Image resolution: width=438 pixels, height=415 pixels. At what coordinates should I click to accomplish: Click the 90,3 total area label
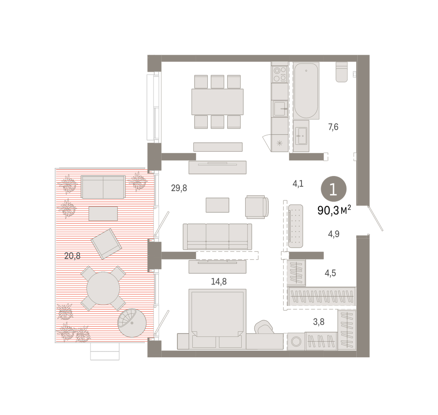334,210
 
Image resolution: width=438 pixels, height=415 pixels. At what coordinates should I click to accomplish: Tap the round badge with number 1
334,189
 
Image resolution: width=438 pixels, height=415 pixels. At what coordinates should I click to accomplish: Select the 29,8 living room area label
179,188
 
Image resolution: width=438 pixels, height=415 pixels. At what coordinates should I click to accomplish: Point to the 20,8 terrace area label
72,256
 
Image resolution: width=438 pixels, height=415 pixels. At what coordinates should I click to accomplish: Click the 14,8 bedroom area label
219,282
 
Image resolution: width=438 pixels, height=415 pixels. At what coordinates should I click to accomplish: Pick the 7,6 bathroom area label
333,127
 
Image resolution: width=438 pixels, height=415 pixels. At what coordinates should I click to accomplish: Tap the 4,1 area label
298,184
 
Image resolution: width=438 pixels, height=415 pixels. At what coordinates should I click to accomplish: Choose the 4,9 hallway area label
334,234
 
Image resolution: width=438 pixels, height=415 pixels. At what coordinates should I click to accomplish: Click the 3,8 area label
319,322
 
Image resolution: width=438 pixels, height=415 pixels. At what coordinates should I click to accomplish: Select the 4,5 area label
330,273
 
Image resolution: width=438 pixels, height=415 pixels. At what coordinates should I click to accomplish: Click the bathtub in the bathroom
306,91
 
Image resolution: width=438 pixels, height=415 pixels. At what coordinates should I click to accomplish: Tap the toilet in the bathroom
342,72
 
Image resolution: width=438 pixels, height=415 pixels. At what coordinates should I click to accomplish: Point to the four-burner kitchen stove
280,74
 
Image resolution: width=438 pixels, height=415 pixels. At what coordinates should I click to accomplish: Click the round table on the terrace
103,288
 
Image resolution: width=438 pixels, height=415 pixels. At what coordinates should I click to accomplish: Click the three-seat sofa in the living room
217,237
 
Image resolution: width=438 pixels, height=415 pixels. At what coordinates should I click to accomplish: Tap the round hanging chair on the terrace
132,323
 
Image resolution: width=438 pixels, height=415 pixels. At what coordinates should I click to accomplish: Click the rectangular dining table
218,102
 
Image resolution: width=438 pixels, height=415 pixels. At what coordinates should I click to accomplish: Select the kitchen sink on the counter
280,109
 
